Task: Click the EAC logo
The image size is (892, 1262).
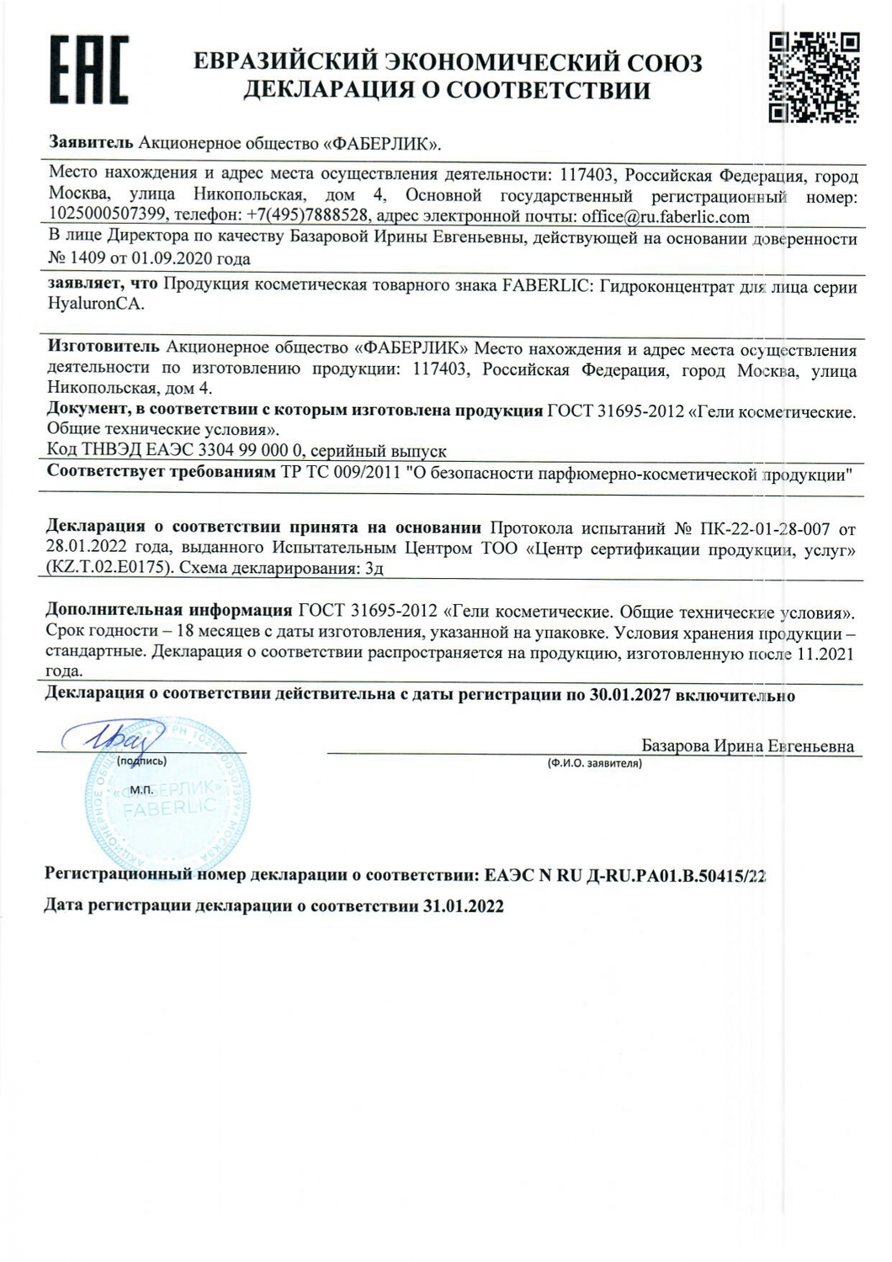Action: (88, 72)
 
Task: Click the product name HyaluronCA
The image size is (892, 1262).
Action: (96, 305)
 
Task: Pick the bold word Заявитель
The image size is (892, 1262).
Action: (91, 143)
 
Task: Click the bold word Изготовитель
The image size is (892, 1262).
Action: (103, 347)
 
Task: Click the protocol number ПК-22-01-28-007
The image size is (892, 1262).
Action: (764, 528)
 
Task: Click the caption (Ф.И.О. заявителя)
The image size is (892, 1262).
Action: (594, 763)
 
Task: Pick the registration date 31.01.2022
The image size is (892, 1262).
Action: (463, 906)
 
